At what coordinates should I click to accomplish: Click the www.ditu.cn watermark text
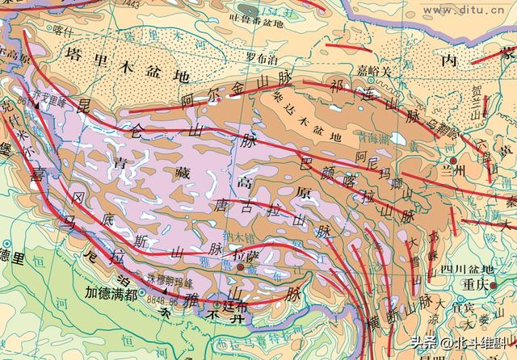click(481, 10)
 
